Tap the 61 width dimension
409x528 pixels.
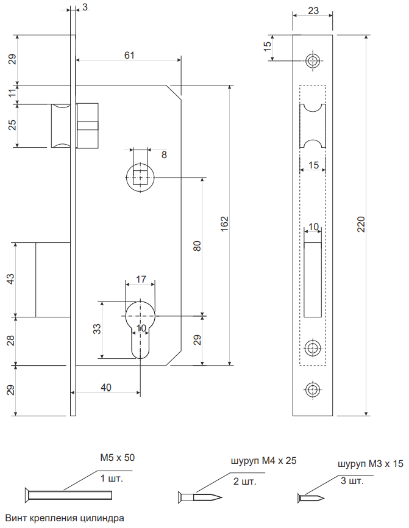point(129,55)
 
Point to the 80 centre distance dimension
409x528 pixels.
point(197,246)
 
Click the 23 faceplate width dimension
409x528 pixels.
point(313,10)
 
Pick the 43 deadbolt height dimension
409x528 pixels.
point(10,279)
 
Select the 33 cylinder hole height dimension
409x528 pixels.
point(97,329)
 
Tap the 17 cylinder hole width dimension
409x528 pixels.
point(141,279)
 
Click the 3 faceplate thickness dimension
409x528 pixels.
point(84,7)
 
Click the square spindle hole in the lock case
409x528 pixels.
point(141,177)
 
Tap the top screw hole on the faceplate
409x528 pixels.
point(313,60)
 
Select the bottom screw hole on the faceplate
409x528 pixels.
point(313,389)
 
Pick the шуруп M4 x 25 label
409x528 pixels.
point(263,461)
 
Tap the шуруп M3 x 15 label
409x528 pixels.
point(371,464)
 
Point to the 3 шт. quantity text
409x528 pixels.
point(352,481)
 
